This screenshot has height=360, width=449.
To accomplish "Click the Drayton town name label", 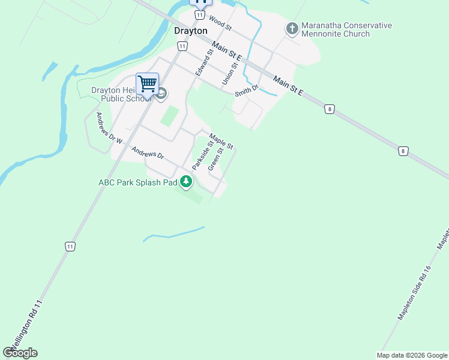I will click(x=190, y=31).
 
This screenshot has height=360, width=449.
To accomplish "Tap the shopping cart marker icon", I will click(x=147, y=84).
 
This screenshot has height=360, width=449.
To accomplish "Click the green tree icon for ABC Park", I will click(x=187, y=181).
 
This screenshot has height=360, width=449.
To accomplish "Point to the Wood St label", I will click(x=220, y=25).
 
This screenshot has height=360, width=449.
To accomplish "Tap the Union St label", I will click(x=230, y=72).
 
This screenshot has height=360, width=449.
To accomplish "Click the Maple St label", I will click(x=221, y=140).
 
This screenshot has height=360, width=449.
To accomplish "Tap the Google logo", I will click(x=20, y=352).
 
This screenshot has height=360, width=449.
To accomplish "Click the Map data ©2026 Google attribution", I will click(x=412, y=355).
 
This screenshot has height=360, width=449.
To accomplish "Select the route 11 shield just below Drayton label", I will click(x=182, y=46).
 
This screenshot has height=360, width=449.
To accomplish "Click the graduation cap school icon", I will click(x=161, y=94).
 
